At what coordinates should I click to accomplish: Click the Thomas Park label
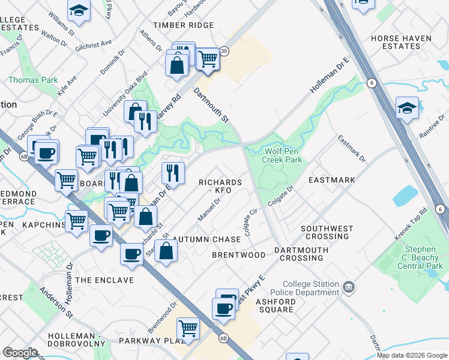[33, 80]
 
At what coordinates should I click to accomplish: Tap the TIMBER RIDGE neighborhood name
[183, 25]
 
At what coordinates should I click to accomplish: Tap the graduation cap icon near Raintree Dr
[407, 109]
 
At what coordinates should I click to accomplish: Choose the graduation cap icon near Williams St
[78, 10]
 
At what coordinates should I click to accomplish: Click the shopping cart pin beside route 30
[208, 59]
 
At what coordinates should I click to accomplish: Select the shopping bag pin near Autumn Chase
[166, 250]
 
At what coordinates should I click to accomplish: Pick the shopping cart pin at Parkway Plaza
[188, 328]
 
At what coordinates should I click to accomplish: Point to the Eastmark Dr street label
[351, 148]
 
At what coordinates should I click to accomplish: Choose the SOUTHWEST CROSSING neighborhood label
[325, 232]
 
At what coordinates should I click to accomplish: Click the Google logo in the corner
[20, 352]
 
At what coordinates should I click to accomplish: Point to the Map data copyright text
[411, 355]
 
